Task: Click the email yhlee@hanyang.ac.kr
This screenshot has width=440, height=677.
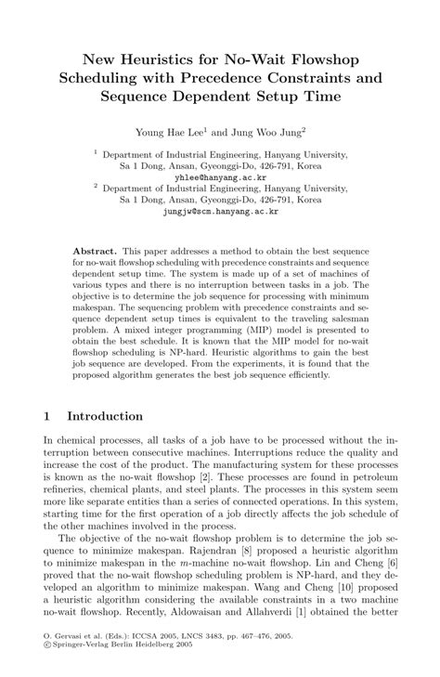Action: tap(220, 174)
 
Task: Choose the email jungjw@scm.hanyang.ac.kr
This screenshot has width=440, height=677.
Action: tap(220, 211)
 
